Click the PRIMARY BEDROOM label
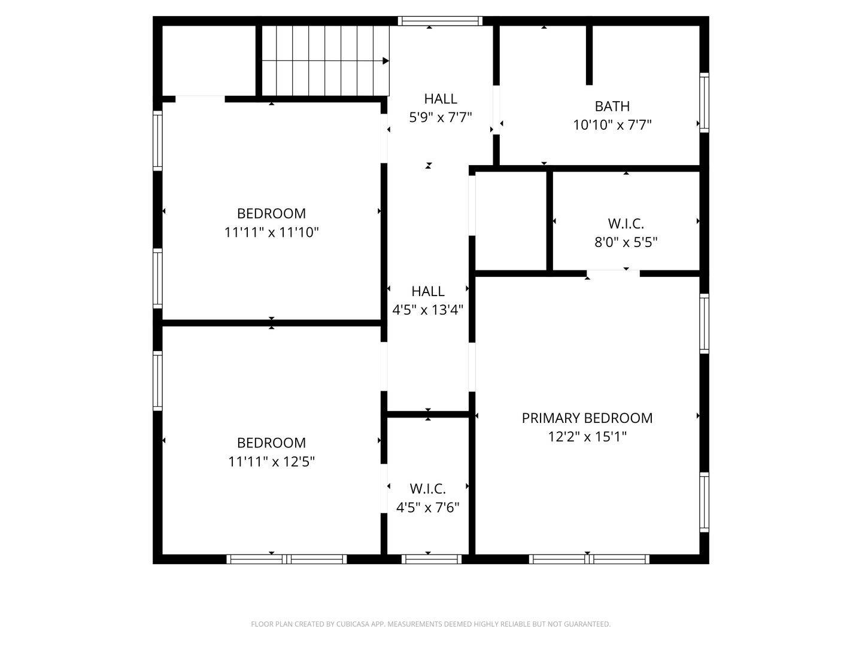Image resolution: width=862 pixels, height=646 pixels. click(587, 418)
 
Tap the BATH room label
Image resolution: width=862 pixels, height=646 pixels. click(612, 106)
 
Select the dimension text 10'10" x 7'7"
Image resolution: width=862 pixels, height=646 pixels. click(612, 125)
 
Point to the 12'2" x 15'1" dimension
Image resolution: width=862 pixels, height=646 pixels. click(587, 437)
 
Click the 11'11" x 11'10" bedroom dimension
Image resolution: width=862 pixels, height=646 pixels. click(271, 232)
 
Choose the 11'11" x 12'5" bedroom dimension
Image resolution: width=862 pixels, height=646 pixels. click(271, 462)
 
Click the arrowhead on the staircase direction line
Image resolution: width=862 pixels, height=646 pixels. click(386, 61)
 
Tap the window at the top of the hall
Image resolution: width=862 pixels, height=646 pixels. click(440, 21)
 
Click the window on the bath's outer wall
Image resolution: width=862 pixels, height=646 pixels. click(704, 102)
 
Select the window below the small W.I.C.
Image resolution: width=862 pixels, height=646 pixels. click(431, 559)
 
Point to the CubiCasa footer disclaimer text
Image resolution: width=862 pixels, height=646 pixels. click(431, 624)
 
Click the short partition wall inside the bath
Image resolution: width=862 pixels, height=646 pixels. click(589, 55)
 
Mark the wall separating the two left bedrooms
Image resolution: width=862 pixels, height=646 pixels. click(271, 323)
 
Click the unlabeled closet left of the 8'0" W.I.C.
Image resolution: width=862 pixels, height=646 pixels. click(511, 221)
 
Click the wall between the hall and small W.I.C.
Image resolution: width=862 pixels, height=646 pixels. click(428, 414)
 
